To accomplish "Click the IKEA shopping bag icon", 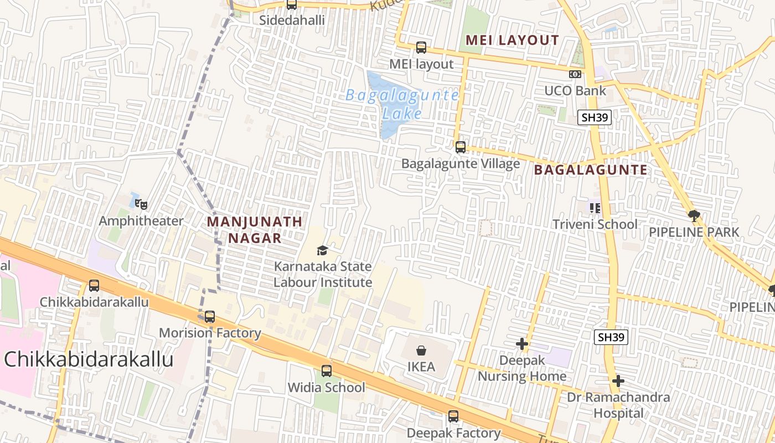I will (x=421, y=351).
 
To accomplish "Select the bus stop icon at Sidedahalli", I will (x=292, y=5).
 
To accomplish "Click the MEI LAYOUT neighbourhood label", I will (x=512, y=40).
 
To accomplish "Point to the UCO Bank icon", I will (x=575, y=74).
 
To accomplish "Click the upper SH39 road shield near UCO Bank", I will (x=595, y=117).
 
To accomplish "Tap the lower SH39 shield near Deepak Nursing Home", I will (x=611, y=337).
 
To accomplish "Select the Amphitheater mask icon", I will (x=141, y=205).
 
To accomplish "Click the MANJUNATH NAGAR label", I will (x=255, y=230).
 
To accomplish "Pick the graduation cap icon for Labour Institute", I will (x=323, y=251).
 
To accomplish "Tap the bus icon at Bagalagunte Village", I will (x=461, y=147).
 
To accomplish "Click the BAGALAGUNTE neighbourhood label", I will (x=591, y=170).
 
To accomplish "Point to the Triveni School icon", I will (x=595, y=208).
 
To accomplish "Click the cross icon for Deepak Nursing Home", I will (x=521, y=344).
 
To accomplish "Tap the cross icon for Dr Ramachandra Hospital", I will (x=618, y=381).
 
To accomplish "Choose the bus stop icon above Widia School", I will (x=327, y=371).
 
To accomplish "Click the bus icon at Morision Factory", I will (x=209, y=317).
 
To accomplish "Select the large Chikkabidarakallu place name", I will (x=89, y=359).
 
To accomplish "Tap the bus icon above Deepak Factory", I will (x=453, y=416).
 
